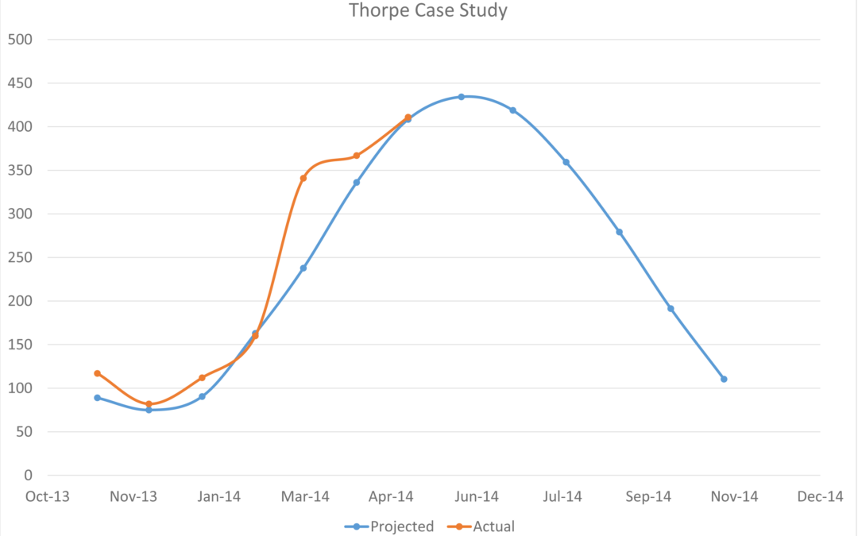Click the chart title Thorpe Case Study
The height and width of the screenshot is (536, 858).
[428, 11]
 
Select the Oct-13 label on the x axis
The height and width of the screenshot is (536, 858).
[48, 497]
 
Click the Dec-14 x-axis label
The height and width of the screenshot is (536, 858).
[820, 497]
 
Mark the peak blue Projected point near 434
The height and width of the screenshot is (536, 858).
[461, 97]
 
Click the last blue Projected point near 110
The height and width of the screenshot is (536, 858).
[724, 379]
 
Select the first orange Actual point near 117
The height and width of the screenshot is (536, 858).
[97, 373]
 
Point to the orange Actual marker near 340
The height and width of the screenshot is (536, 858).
[303, 178]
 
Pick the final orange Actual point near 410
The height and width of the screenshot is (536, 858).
[408, 118]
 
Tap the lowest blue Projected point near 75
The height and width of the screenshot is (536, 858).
[149, 410]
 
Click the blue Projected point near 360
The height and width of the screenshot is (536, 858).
[566, 162]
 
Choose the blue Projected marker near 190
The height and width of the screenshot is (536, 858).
[671, 309]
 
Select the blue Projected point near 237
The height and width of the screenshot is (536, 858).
[303, 268]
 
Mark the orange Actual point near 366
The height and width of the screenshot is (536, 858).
[356, 156]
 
